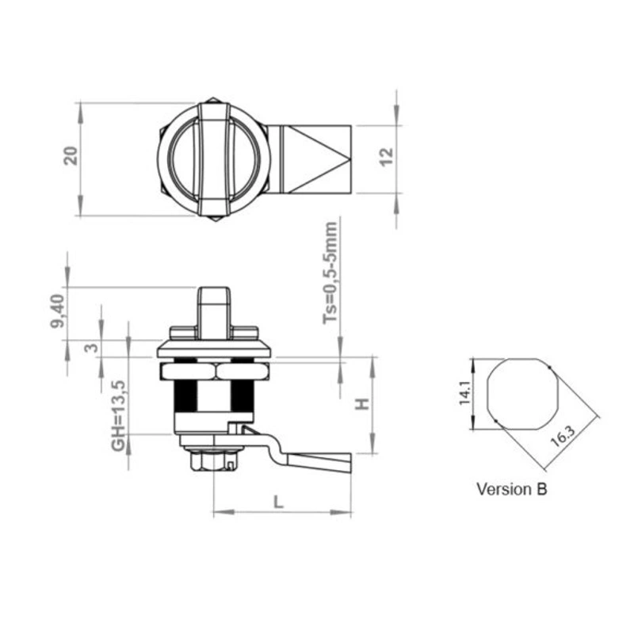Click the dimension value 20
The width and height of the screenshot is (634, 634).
[71, 156]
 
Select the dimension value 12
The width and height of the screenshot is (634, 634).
[387, 156]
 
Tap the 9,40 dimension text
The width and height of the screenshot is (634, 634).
[57, 311]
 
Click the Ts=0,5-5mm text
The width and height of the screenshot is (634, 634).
[330, 273]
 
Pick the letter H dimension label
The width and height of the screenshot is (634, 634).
[362, 403]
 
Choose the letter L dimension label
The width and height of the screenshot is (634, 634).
[278, 502]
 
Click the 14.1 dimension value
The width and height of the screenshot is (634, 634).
[464, 393]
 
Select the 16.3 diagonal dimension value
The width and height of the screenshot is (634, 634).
[563, 437]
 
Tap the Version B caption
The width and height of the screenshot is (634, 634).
[511, 489]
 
